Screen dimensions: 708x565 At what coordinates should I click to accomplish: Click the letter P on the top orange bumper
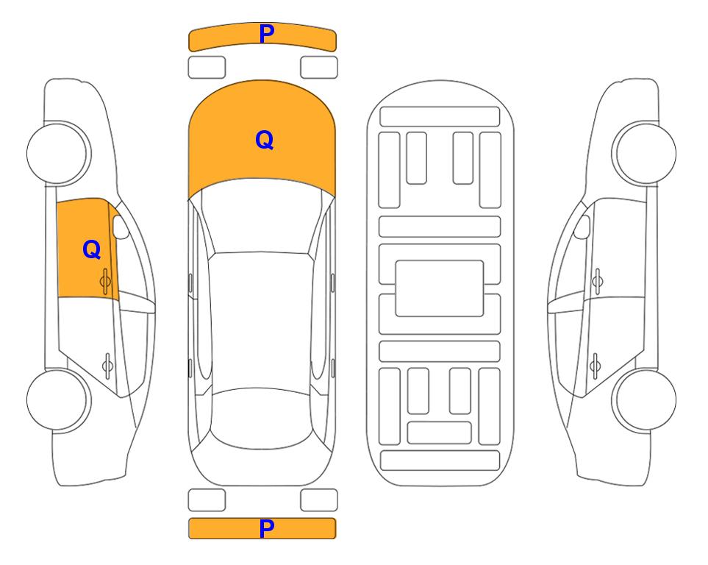click(x=267, y=34)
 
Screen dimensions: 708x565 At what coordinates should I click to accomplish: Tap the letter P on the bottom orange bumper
click(x=267, y=528)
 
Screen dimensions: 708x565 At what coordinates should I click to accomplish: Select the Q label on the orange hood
click(x=265, y=140)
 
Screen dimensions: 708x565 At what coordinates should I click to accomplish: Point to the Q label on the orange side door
click(x=92, y=249)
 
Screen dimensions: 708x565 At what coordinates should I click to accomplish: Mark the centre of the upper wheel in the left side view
click(x=58, y=153)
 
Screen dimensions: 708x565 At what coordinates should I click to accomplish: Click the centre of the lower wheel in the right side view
click(x=646, y=399)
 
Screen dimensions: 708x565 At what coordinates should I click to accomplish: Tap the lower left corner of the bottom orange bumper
click(x=189, y=538)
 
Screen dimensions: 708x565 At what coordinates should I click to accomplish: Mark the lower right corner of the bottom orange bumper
click(x=335, y=538)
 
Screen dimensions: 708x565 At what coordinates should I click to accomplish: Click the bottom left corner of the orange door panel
click(x=58, y=297)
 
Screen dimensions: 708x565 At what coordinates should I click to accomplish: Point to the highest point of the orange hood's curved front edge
click(x=262, y=80)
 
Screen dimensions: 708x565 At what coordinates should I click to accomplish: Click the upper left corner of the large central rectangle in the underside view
click(x=396, y=261)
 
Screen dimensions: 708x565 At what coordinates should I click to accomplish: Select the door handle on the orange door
click(x=106, y=281)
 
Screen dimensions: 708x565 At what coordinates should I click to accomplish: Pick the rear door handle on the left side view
click(x=107, y=365)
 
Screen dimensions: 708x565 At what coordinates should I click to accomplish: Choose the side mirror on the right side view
click(x=582, y=227)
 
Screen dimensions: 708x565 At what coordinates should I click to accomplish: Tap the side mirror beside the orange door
click(x=121, y=227)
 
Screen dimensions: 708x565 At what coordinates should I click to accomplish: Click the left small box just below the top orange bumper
click(x=207, y=68)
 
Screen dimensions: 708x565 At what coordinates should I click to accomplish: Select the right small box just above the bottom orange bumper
click(x=319, y=500)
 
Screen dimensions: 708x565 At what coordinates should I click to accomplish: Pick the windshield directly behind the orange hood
click(x=262, y=216)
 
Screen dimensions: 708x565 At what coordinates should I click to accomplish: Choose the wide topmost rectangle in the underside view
click(x=440, y=117)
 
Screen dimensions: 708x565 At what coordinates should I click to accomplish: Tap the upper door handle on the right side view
click(x=598, y=281)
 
